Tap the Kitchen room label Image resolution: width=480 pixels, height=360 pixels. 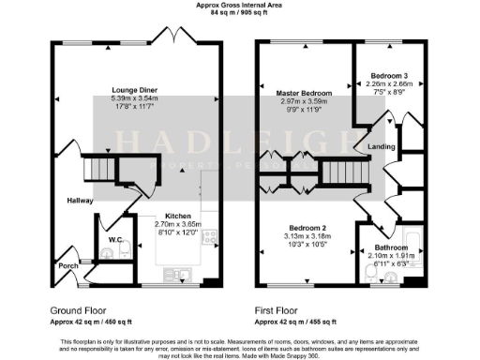(x=178, y=212)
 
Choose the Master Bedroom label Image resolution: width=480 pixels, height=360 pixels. (x=305, y=94)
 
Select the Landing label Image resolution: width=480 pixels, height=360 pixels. (x=381, y=145)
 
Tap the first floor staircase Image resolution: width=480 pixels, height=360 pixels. (x=342, y=171)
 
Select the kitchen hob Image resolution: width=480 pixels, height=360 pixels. (x=212, y=238)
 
